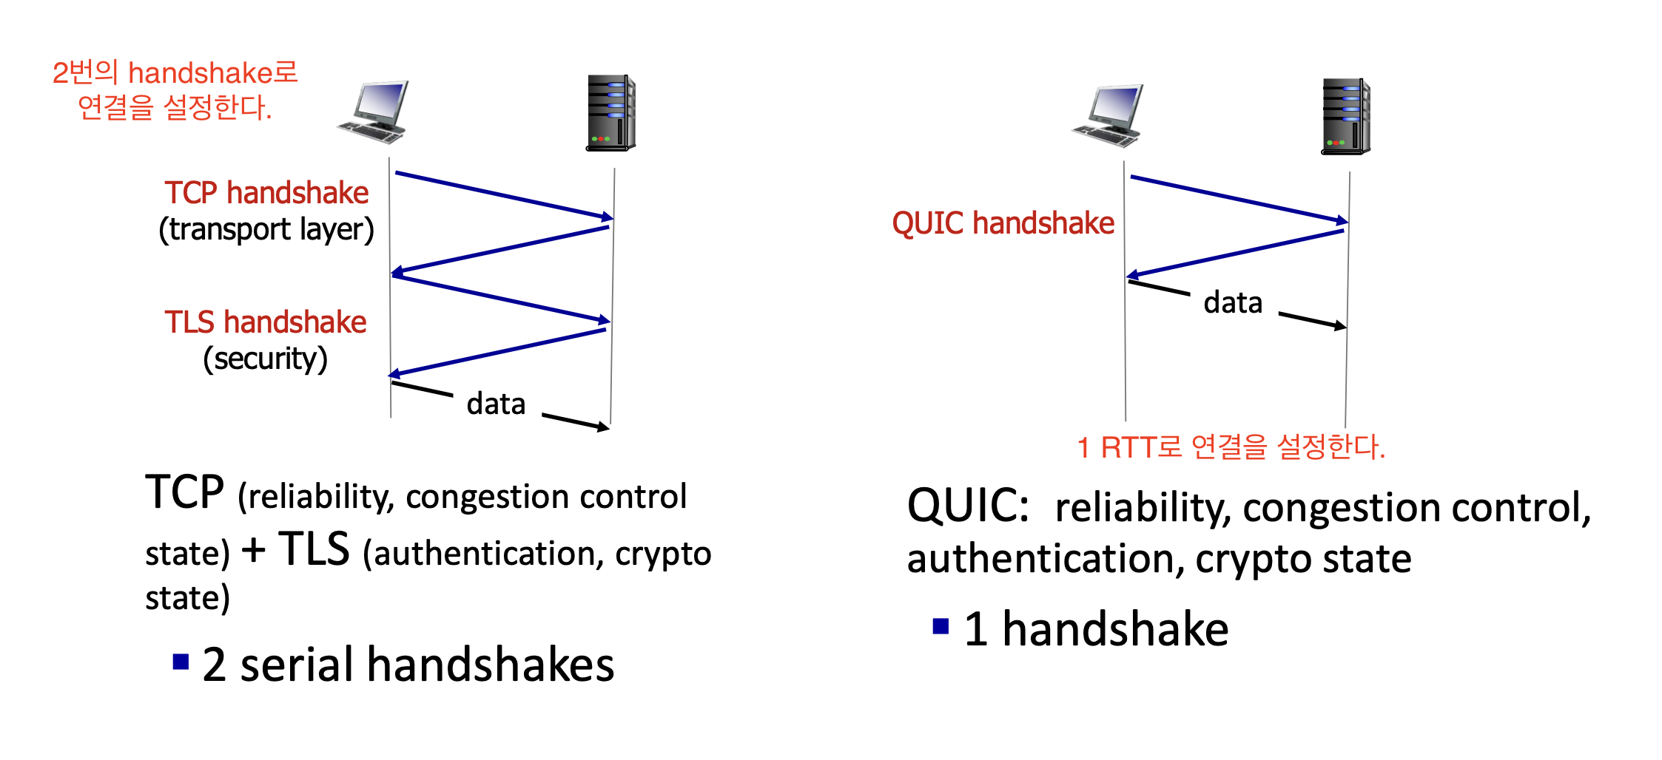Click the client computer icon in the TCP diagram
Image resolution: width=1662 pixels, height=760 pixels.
point(373,112)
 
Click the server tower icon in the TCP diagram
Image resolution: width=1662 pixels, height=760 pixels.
point(611,112)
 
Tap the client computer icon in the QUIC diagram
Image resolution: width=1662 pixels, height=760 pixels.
point(1108,116)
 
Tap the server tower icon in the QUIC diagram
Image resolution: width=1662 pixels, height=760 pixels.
point(1346,116)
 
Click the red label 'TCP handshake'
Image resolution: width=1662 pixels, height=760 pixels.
point(266,193)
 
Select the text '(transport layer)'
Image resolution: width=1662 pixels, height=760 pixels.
point(266,230)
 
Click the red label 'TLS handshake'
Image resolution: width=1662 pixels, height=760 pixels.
point(266,322)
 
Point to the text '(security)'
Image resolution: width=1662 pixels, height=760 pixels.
point(266,359)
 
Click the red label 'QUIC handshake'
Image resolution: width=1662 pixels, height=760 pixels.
point(1003,223)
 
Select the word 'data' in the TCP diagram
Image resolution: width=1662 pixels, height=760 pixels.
point(496,404)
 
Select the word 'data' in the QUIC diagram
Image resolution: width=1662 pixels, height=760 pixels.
point(1233,302)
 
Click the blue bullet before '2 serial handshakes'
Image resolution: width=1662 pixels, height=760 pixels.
point(181,661)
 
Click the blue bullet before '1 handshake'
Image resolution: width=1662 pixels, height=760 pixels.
point(941,626)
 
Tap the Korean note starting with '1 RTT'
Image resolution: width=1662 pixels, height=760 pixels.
point(1231,447)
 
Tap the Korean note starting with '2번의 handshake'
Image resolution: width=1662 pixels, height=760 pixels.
point(175,90)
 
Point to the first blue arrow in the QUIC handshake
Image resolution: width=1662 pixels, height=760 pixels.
point(1239,200)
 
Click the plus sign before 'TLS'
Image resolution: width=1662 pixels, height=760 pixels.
point(254,551)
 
